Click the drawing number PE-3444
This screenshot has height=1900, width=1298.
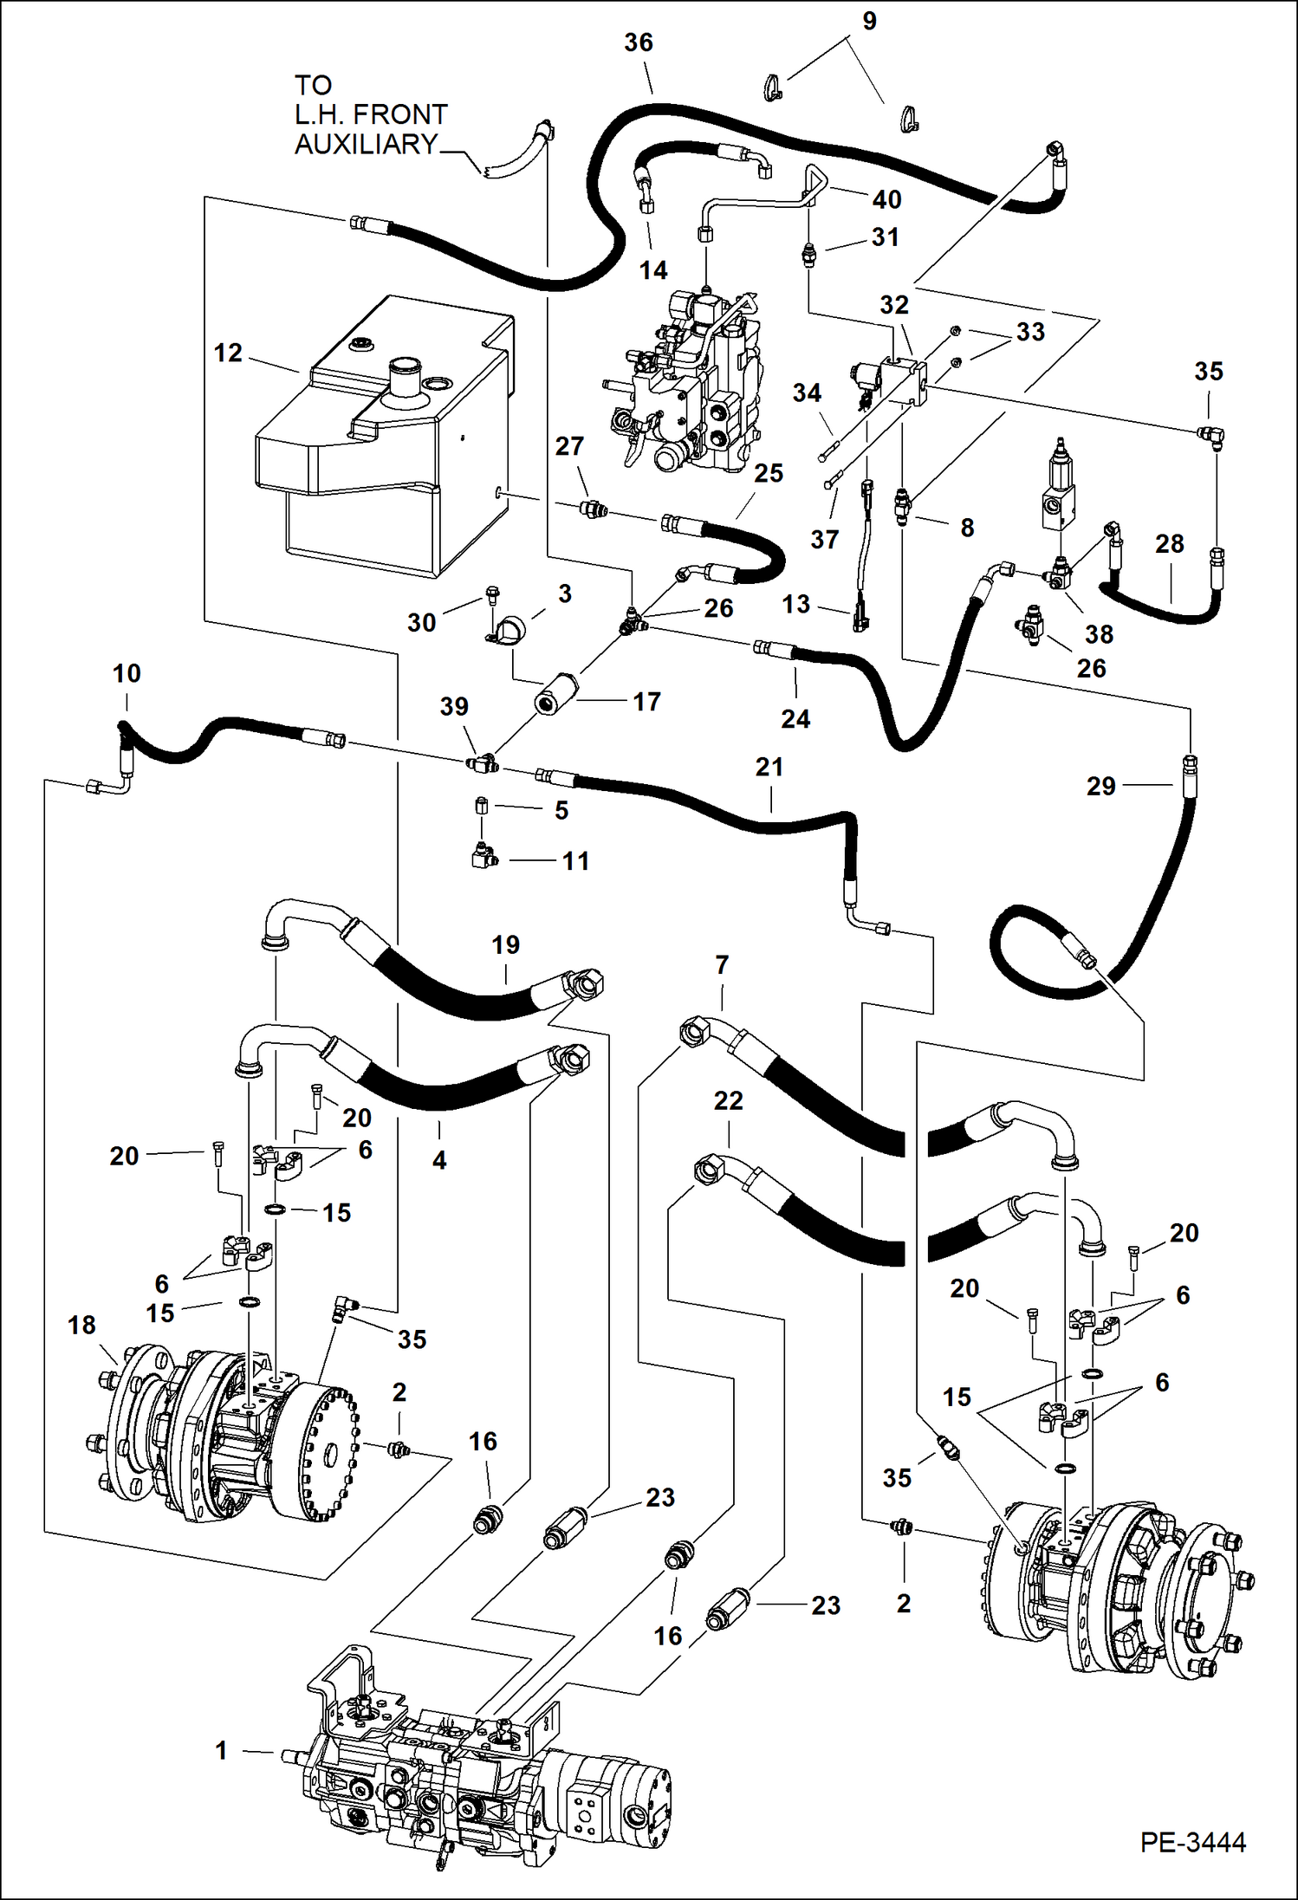1192,1842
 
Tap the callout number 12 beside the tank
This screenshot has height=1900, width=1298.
228,353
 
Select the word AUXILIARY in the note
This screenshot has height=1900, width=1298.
366,144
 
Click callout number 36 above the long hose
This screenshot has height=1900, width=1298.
639,42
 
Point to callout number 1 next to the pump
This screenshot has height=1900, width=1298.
222,1750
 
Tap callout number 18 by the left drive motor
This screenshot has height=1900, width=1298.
81,1325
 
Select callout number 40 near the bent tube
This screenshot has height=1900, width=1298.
886,199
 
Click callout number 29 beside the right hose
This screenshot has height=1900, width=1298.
1100,786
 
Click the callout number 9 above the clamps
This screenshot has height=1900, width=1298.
869,21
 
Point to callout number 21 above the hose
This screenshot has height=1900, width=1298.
769,767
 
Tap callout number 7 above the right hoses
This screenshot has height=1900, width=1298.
722,964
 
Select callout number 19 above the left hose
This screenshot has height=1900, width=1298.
505,944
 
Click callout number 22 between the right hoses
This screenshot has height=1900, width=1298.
728,1100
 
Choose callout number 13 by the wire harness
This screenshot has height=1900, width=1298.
795,604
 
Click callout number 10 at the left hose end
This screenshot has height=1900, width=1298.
127,673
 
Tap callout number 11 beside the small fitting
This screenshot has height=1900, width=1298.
575,860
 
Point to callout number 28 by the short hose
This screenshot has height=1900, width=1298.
1169,543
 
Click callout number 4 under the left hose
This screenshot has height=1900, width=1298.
439,1160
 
